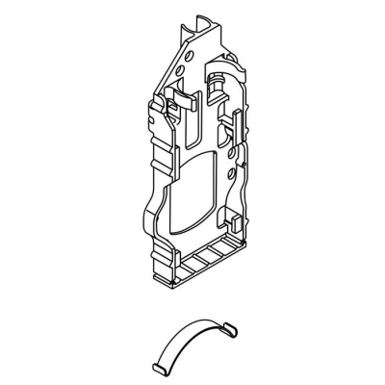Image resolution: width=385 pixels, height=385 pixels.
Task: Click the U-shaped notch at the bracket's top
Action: click(199, 21)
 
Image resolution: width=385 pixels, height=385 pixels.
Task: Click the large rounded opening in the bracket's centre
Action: click(192, 192)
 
